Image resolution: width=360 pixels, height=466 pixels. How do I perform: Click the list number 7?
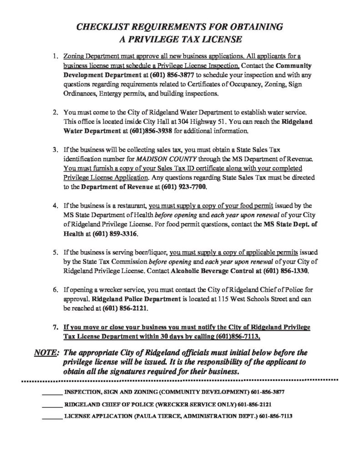tap(56, 327)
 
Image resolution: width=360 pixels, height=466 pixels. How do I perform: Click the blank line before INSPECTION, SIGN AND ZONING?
tap(51, 392)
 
